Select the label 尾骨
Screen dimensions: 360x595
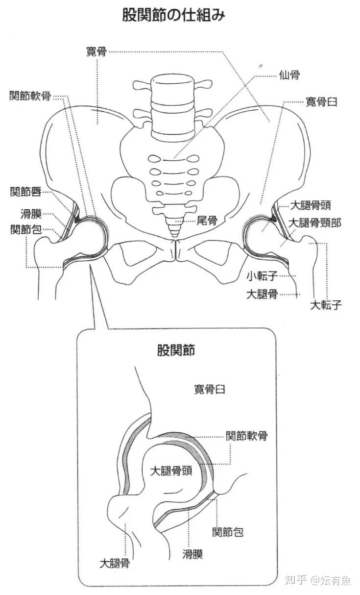click(207, 221)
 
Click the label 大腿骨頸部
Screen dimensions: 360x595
click(314, 223)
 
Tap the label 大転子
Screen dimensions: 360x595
click(326, 305)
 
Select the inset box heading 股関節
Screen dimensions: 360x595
click(176, 350)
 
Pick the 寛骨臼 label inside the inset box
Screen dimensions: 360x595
click(210, 390)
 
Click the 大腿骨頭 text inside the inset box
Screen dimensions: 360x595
click(170, 471)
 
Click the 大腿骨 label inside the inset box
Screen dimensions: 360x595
click(115, 563)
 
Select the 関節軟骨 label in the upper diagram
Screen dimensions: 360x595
click(30, 96)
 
